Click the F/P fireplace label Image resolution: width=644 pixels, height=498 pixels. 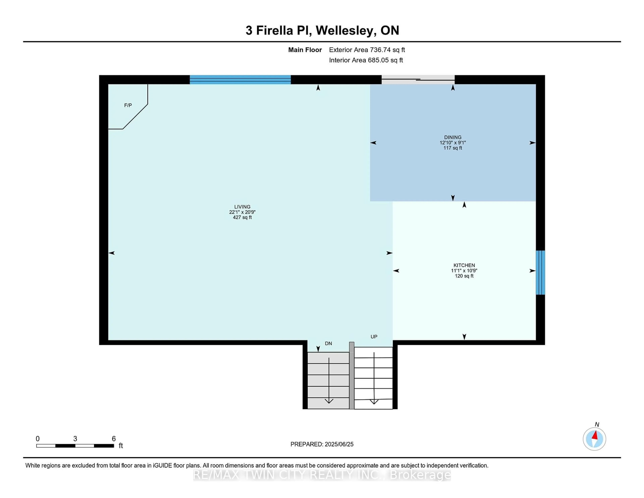click(x=128, y=105)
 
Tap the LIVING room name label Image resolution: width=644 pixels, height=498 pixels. click(x=242, y=207)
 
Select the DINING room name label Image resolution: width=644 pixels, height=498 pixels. click(x=453, y=137)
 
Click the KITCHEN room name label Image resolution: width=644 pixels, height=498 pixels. click(x=464, y=265)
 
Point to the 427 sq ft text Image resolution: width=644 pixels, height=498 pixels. click(x=242, y=217)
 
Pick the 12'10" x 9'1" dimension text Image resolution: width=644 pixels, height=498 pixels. click(x=453, y=142)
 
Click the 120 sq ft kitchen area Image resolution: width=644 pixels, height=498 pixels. click(x=464, y=276)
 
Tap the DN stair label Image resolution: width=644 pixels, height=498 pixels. click(x=329, y=343)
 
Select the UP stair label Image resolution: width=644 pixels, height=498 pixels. click(x=374, y=337)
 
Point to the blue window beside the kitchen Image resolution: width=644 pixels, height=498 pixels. click(x=540, y=273)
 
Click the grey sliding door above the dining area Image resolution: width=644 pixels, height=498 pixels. click(x=418, y=80)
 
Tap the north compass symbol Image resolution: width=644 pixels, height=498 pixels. click(x=595, y=439)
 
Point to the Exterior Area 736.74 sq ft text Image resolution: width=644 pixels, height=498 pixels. click(x=367, y=50)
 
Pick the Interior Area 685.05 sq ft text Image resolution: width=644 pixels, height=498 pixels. click(x=366, y=60)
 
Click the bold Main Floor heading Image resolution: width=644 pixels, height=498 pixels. click(x=305, y=50)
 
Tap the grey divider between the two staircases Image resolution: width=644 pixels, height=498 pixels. click(x=352, y=376)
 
